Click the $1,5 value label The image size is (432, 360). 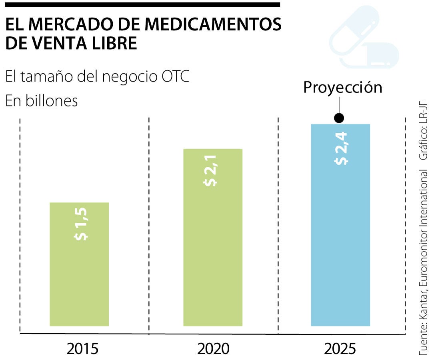click(x=81, y=224)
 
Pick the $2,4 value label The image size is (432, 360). click(x=341, y=148)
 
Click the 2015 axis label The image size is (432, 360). click(x=82, y=349)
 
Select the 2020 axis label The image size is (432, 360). click(x=214, y=349)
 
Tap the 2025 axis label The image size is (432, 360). click(x=340, y=349)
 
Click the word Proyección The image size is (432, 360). click(x=343, y=87)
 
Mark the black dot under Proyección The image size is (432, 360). click(x=339, y=118)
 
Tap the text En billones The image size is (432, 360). click(x=41, y=100)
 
